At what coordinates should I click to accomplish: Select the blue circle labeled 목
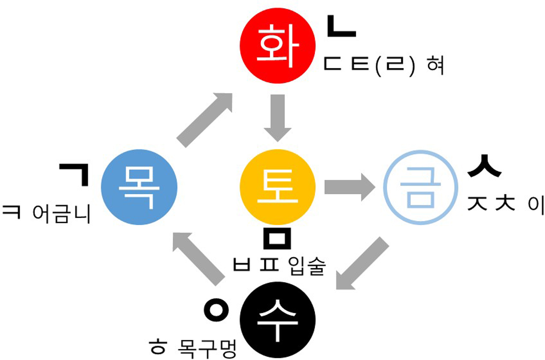pyautogui.click(x=139, y=187)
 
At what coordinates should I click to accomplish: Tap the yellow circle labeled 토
pyautogui.click(x=278, y=187)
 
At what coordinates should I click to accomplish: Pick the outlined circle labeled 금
pyautogui.click(x=420, y=187)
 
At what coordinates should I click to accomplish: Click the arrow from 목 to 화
pyautogui.click(x=205, y=120)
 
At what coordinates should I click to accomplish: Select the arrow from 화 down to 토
pyautogui.click(x=278, y=117)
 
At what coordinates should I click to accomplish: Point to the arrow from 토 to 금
pyautogui.click(x=350, y=187)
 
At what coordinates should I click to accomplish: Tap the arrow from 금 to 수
pyautogui.click(x=362, y=264)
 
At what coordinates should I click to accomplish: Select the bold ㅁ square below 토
pyautogui.click(x=277, y=239)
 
